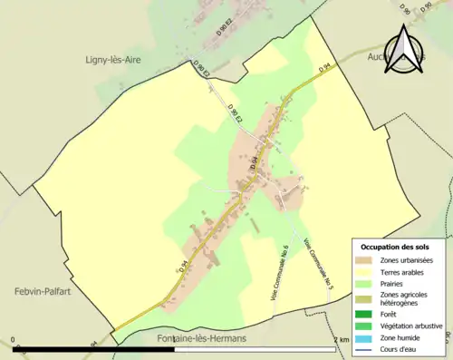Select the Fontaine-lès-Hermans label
tap(195, 339)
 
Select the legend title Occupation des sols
tap(396, 247)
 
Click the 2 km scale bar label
tap(341, 340)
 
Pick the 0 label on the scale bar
tap(14, 340)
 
